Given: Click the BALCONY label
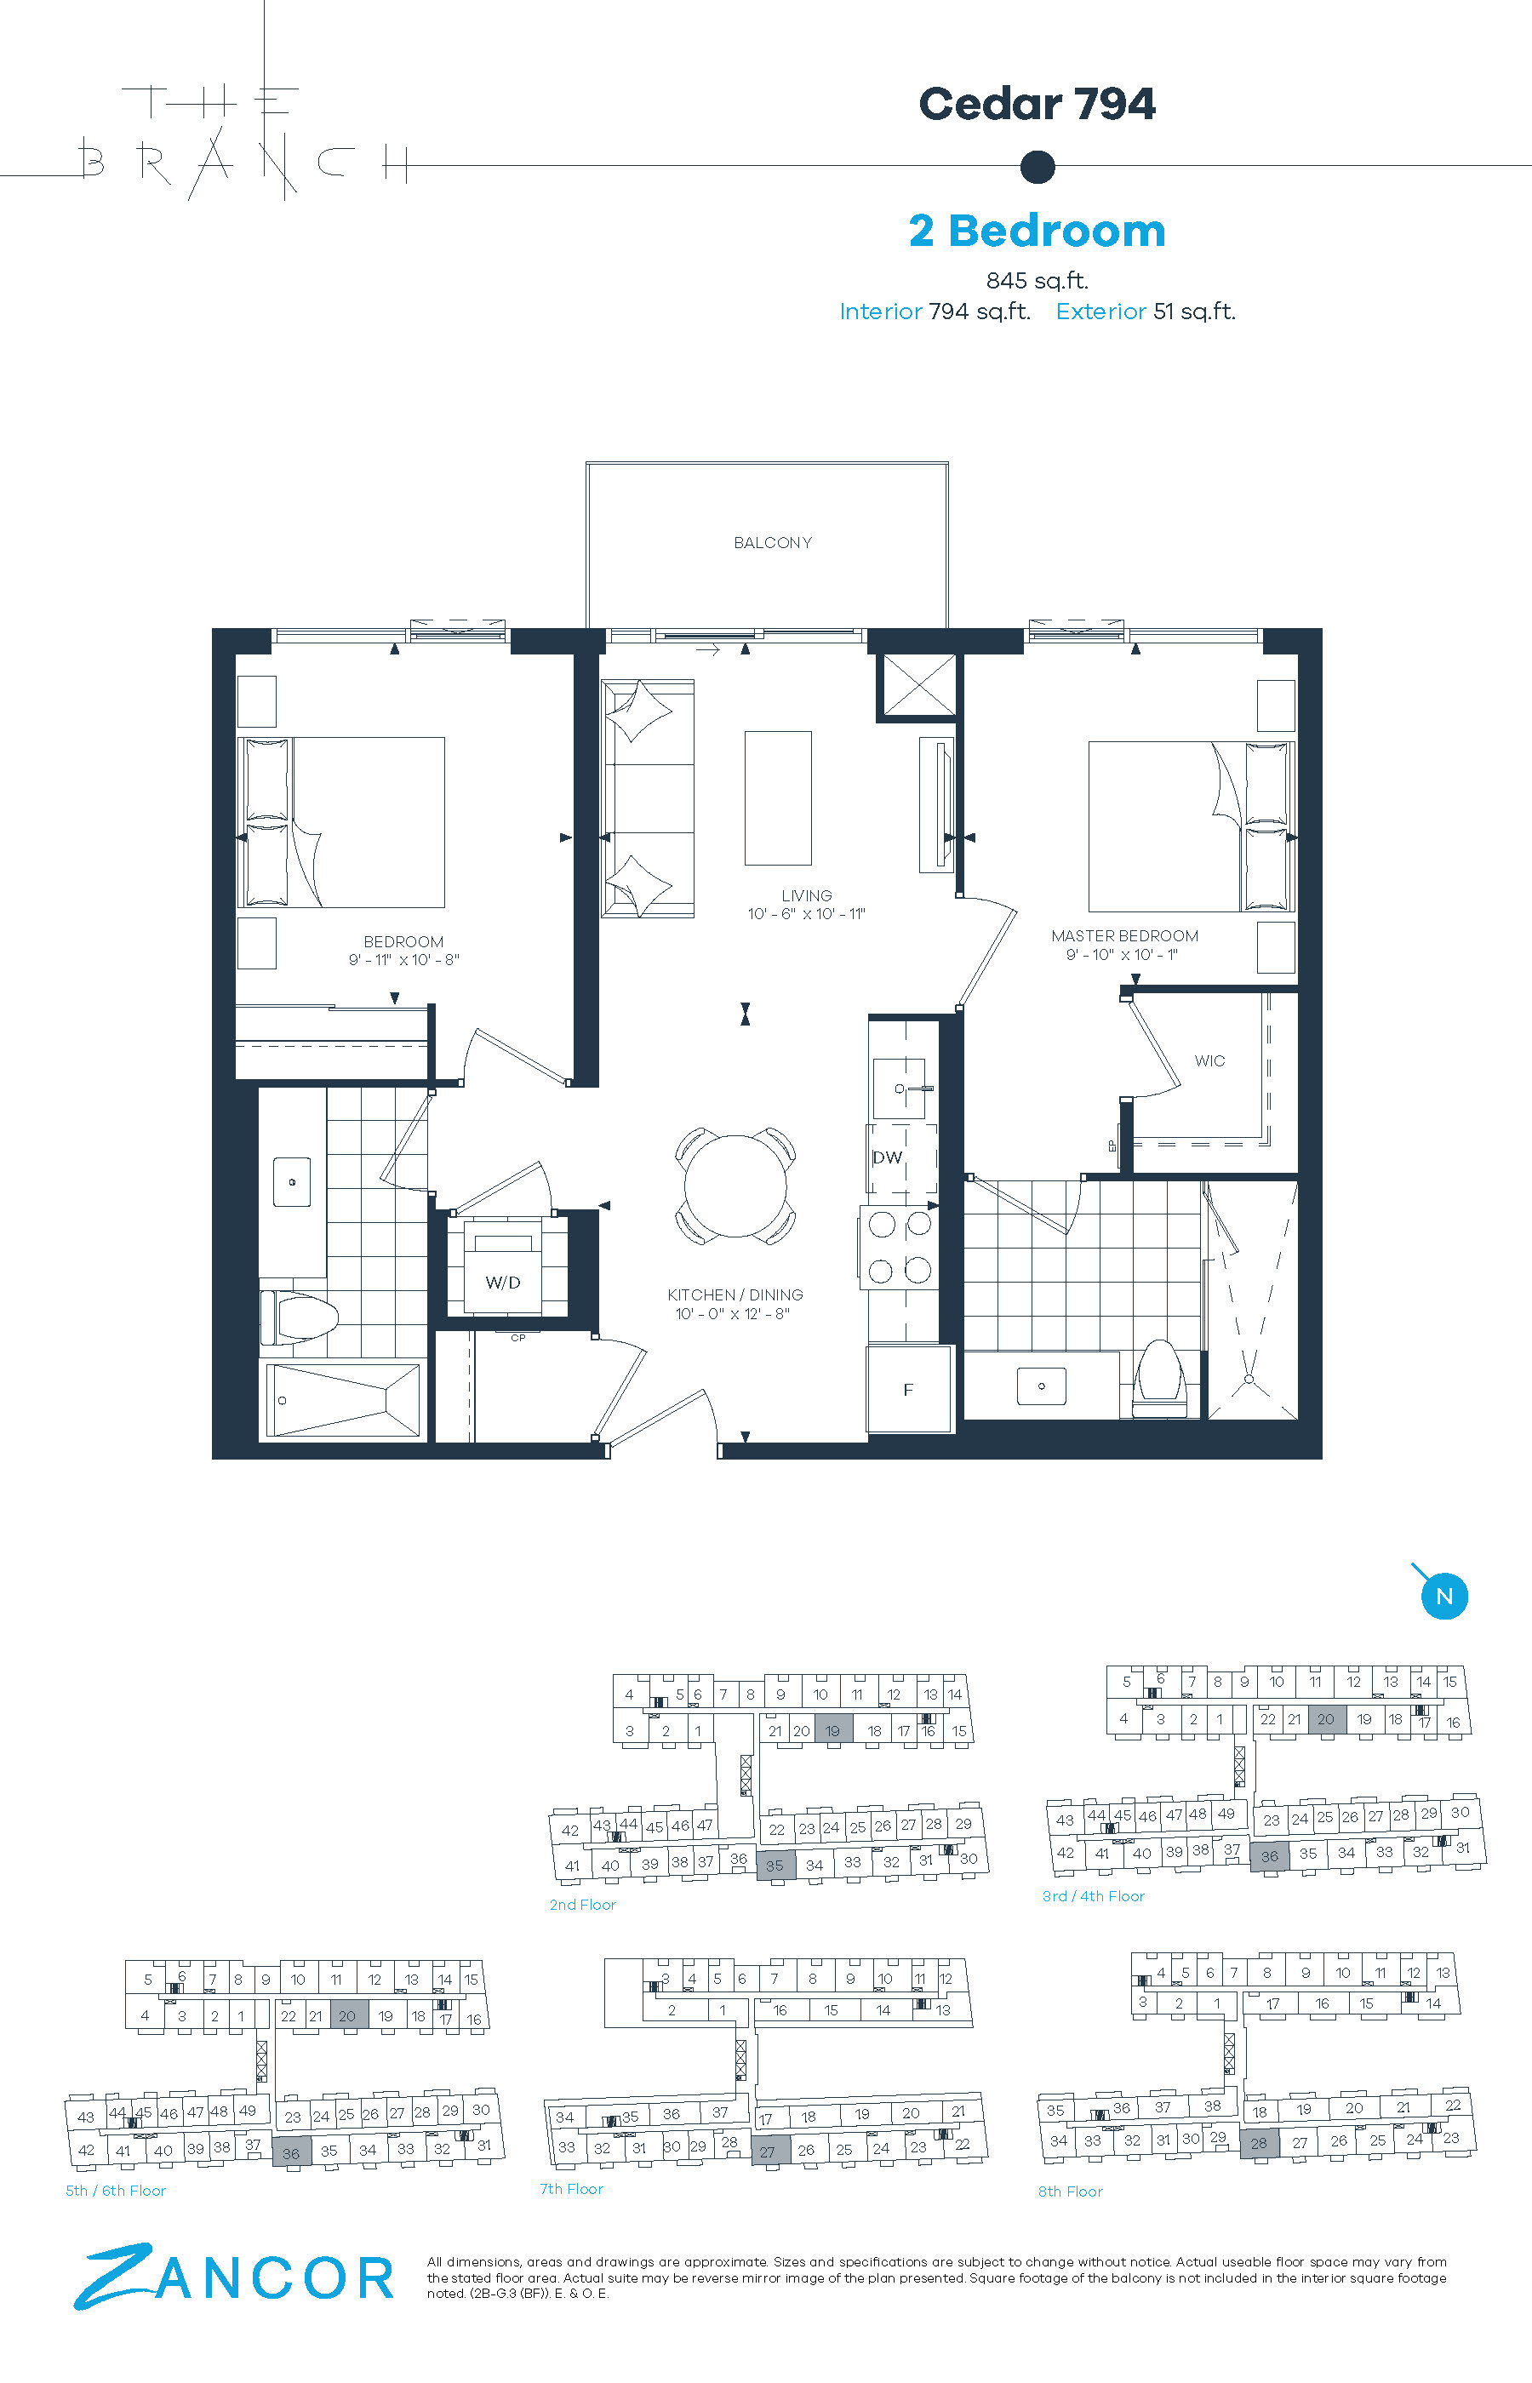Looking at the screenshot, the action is click(x=772, y=543).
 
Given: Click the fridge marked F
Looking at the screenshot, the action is click(x=908, y=1390).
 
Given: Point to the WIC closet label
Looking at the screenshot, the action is click(x=1209, y=1061).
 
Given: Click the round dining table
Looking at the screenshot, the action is click(x=736, y=1186).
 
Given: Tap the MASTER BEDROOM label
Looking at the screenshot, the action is click(x=1124, y=936).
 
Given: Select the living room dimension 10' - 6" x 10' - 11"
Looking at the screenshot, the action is click(x=807, y=914).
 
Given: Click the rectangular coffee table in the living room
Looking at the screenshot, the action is click(x=778, y=798).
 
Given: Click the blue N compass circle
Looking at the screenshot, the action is click(x=1444, y=1597).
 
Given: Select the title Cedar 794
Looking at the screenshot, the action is click(x=1037, y=105).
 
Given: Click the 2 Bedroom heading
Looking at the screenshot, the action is click(x=1037, y=231).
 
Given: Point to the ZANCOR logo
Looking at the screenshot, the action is click(x=235, y=2276).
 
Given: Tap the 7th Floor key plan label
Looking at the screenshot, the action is click(x=571, y=2189).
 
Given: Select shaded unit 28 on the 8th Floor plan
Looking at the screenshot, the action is click(x=1259, y=2142).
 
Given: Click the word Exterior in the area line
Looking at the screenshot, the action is click(x=1100, y=311).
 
